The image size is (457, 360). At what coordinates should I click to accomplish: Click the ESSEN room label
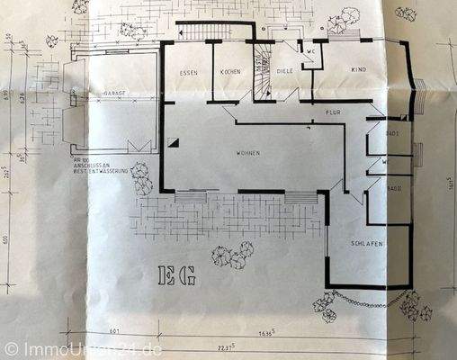tap(188, 72)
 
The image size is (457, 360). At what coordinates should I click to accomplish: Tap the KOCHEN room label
tap(227, 72)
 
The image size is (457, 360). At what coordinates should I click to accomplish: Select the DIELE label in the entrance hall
tap(285, 73)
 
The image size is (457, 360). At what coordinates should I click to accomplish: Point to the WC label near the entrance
tap(309, 51)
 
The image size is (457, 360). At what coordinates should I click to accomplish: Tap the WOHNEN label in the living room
tap(248, 153)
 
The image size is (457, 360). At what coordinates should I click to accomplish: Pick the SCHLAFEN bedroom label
tap(369, 244)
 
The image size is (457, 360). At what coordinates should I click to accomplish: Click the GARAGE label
tap(112, 92)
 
